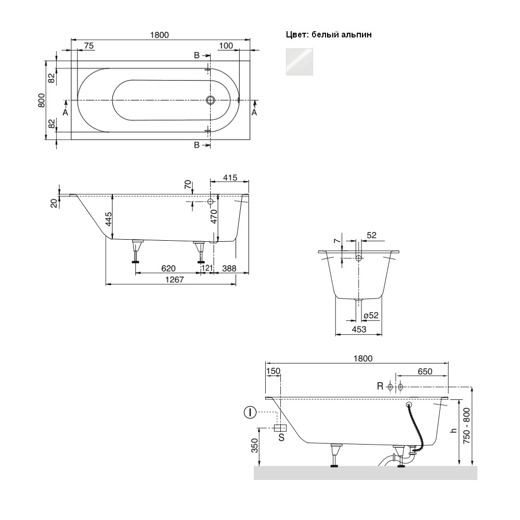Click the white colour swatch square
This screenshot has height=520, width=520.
coord(299,62)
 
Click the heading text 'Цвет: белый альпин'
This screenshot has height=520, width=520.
coord(329,34)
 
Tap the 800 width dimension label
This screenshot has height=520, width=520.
coord(42,100)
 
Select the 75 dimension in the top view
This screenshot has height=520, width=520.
coord(89,46)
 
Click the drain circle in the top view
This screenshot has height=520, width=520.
coord(210,100)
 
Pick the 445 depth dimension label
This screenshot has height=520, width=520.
coord(109,219)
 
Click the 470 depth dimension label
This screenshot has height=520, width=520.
coord(214,216)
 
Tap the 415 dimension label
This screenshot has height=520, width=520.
coord(230,178)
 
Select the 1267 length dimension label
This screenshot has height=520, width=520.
coord(174,280)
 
